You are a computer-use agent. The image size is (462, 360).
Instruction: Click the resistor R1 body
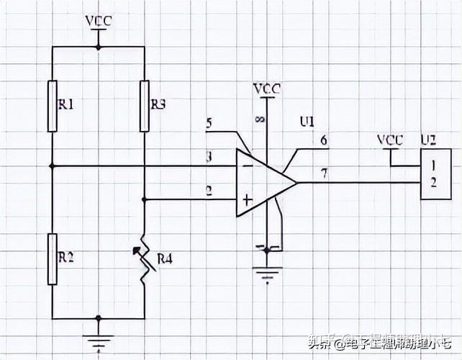tap(53, 106)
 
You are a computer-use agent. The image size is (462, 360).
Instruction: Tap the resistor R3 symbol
tap(144, 106)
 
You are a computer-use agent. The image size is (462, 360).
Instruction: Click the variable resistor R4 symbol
tap(144, 260)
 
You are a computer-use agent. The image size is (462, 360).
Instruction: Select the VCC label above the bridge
tap(98, 20)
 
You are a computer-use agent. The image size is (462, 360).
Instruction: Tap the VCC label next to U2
tap(390, 138)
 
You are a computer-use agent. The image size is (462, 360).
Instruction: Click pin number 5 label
tap(209, 123)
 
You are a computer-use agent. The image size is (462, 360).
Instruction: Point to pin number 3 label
tap(209, 156)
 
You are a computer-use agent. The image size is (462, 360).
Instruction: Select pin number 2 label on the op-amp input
tap(209, 190)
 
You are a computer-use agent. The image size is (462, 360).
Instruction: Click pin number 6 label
tap(324, 141)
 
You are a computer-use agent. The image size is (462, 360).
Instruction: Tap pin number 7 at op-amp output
tap(324, 174)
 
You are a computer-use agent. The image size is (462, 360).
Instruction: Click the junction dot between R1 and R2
tap(53, 166)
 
